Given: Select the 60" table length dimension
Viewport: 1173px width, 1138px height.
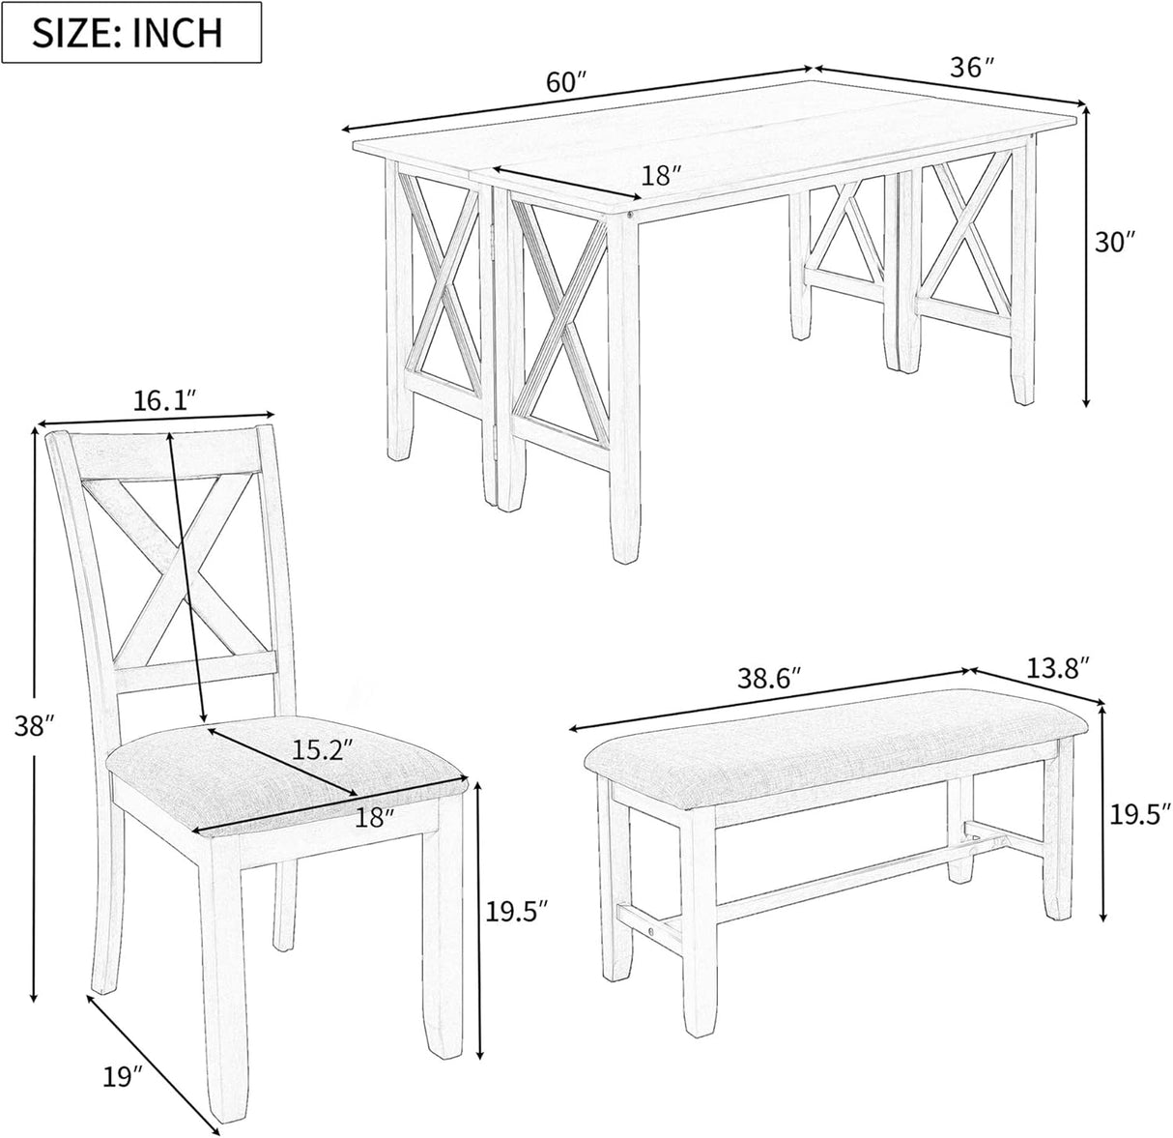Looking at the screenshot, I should tap(567, 83).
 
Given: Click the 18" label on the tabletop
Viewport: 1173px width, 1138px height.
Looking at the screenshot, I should tap(663, 175).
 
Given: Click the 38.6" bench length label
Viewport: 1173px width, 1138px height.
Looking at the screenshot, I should tap(769, 680).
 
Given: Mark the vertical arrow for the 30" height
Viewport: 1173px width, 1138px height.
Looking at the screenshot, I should tap(1088, 256).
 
